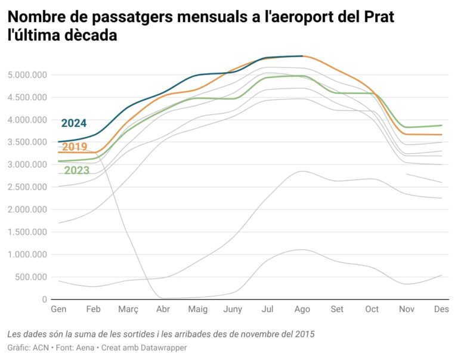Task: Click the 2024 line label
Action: (74, 123)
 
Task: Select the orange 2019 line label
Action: (75, 147)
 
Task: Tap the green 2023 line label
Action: (77, 170)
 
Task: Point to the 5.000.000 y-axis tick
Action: (27, 75)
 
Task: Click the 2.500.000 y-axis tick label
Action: (27, 187)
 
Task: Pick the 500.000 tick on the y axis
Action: (31, 277)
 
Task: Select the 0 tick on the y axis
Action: (44, 299)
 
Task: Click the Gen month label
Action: (58, 309)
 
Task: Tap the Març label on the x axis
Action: (128, 309)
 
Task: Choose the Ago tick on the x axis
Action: (302, 309)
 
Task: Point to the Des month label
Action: (441, 309)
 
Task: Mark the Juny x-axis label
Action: (233, 309)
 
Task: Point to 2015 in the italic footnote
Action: (303, 334)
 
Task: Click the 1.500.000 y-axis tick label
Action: (27, 232)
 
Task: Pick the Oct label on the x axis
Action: (372, 309)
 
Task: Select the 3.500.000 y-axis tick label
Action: (27, 142)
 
